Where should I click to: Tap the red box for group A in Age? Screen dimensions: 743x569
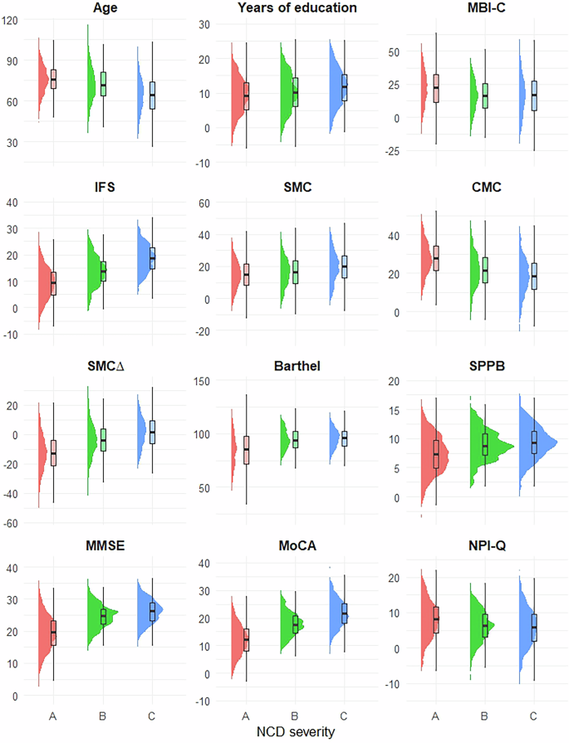click(53, 79)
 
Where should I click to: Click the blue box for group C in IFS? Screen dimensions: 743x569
click(151, 257)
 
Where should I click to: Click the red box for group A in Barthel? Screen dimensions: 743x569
click(245, 449)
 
